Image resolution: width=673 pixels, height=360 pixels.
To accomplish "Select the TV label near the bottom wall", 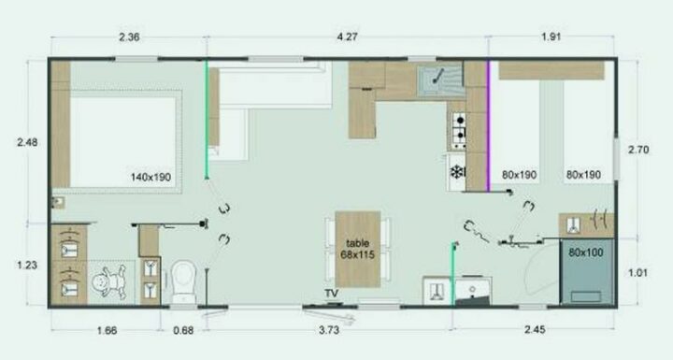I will pos(331,295).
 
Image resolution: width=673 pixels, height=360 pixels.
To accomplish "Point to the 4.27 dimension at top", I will pos(347,37).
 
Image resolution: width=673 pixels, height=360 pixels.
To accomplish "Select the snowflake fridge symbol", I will pos(457,172).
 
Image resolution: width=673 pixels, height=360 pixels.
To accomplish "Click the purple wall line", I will pos(489,126).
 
